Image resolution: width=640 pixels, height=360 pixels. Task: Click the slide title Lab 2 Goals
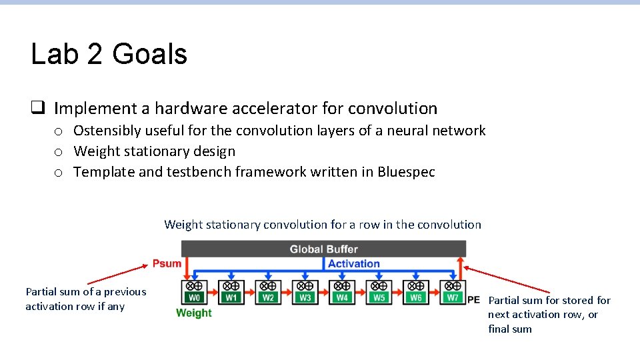tap(109, 54)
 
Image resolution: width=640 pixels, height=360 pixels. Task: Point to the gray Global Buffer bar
tap(323, 249)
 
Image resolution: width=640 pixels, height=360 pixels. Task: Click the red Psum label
tap(167, 263)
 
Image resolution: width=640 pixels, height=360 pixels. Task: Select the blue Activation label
tap(353, 263)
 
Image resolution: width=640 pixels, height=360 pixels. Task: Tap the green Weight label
tap(193, 313)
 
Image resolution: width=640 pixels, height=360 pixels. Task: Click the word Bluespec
tap(406, 172)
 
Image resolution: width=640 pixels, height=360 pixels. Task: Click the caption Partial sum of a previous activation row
tap(85, 299)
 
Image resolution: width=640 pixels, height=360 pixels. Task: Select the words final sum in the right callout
tap(510, 329)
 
